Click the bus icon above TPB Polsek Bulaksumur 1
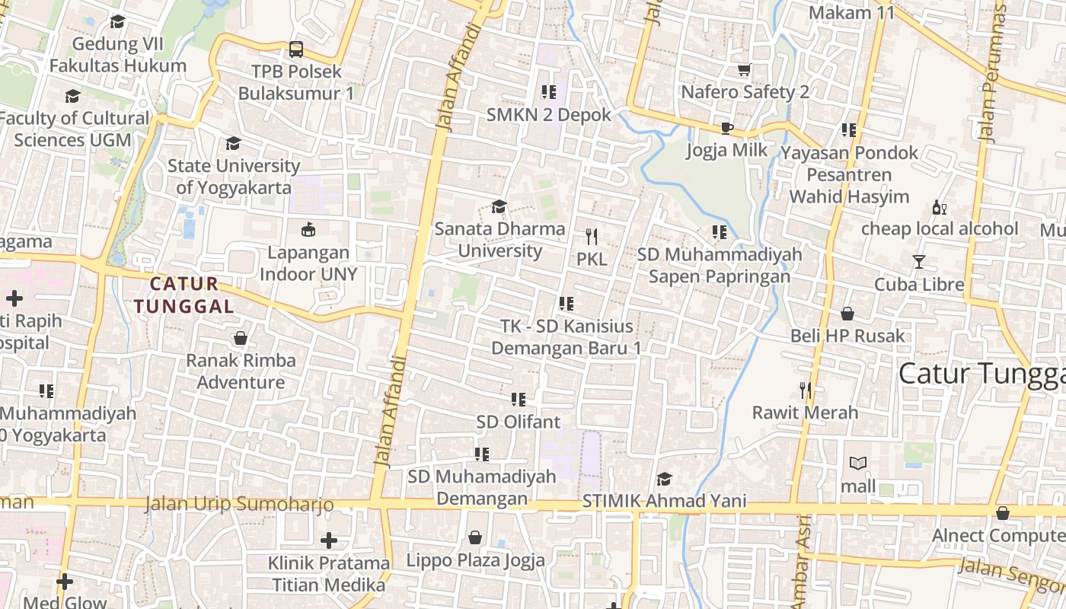(x=296, y=50)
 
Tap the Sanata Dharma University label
(x=499, y=240)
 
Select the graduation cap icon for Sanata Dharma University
(x=499, y=206)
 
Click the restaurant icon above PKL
(x=592, y=237)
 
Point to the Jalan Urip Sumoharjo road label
(x=239, y=504)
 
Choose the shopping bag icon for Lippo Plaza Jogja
(x=475, y=538)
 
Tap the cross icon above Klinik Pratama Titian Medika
(x=329, y=540)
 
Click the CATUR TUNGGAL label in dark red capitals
(x=184, y=295)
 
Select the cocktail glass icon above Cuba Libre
(x=919, y=262)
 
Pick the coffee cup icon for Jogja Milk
(x=727, y=128)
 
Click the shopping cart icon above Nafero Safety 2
(x=745, y=70)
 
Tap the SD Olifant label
(x=519, y=422)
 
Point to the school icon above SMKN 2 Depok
(x=548, y=92)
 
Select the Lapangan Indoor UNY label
(x=308, y=263)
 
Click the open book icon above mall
(x=858, y=463)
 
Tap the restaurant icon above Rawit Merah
(x=806, y=391)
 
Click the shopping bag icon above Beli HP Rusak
(x=847, y=314)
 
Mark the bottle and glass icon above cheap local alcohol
(x=940, y=207)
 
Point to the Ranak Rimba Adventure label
(x=241, y=371)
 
